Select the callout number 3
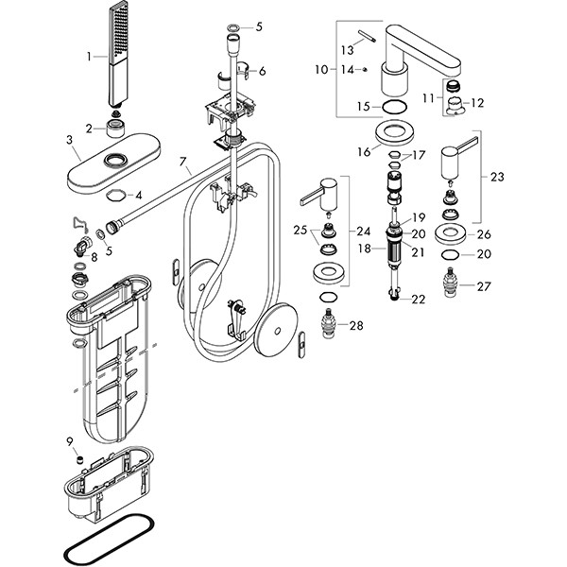pos(69,140)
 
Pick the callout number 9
pos(69,441)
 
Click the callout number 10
pos(321,70)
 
